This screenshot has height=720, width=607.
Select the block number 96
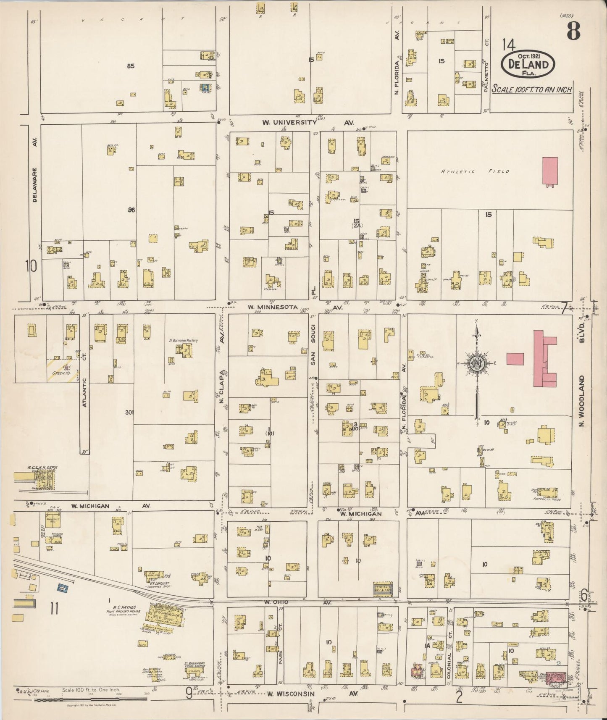pos(131,210)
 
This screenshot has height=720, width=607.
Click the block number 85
pos(130,66)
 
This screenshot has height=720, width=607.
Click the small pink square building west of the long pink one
pos(515,359)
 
